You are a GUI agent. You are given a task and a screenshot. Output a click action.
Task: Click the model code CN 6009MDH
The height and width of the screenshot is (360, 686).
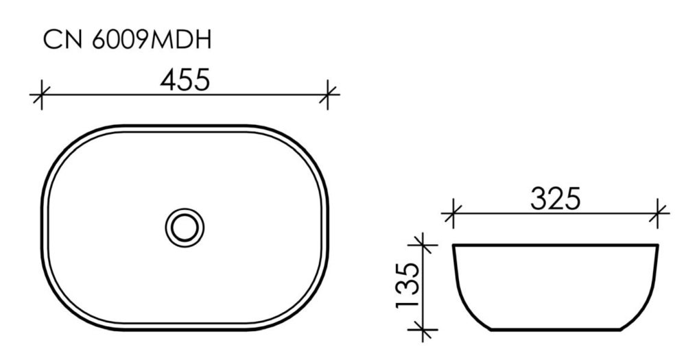128,40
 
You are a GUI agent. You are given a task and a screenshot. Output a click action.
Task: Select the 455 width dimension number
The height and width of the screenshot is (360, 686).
185,80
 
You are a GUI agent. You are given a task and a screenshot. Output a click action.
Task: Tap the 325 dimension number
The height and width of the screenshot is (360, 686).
555,199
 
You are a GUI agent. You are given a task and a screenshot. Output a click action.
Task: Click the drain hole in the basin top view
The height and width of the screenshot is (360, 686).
185,227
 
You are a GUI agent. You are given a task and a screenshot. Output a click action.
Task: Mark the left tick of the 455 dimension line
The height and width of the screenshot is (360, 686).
41,95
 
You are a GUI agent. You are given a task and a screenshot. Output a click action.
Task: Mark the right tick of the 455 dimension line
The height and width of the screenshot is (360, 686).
328,95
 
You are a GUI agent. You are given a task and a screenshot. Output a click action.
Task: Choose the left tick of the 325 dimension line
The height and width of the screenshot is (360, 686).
452,213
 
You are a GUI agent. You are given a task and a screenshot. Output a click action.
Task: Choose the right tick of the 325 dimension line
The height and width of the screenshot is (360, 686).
657,213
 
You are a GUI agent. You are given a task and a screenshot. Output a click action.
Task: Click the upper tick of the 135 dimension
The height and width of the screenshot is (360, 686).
423,245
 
